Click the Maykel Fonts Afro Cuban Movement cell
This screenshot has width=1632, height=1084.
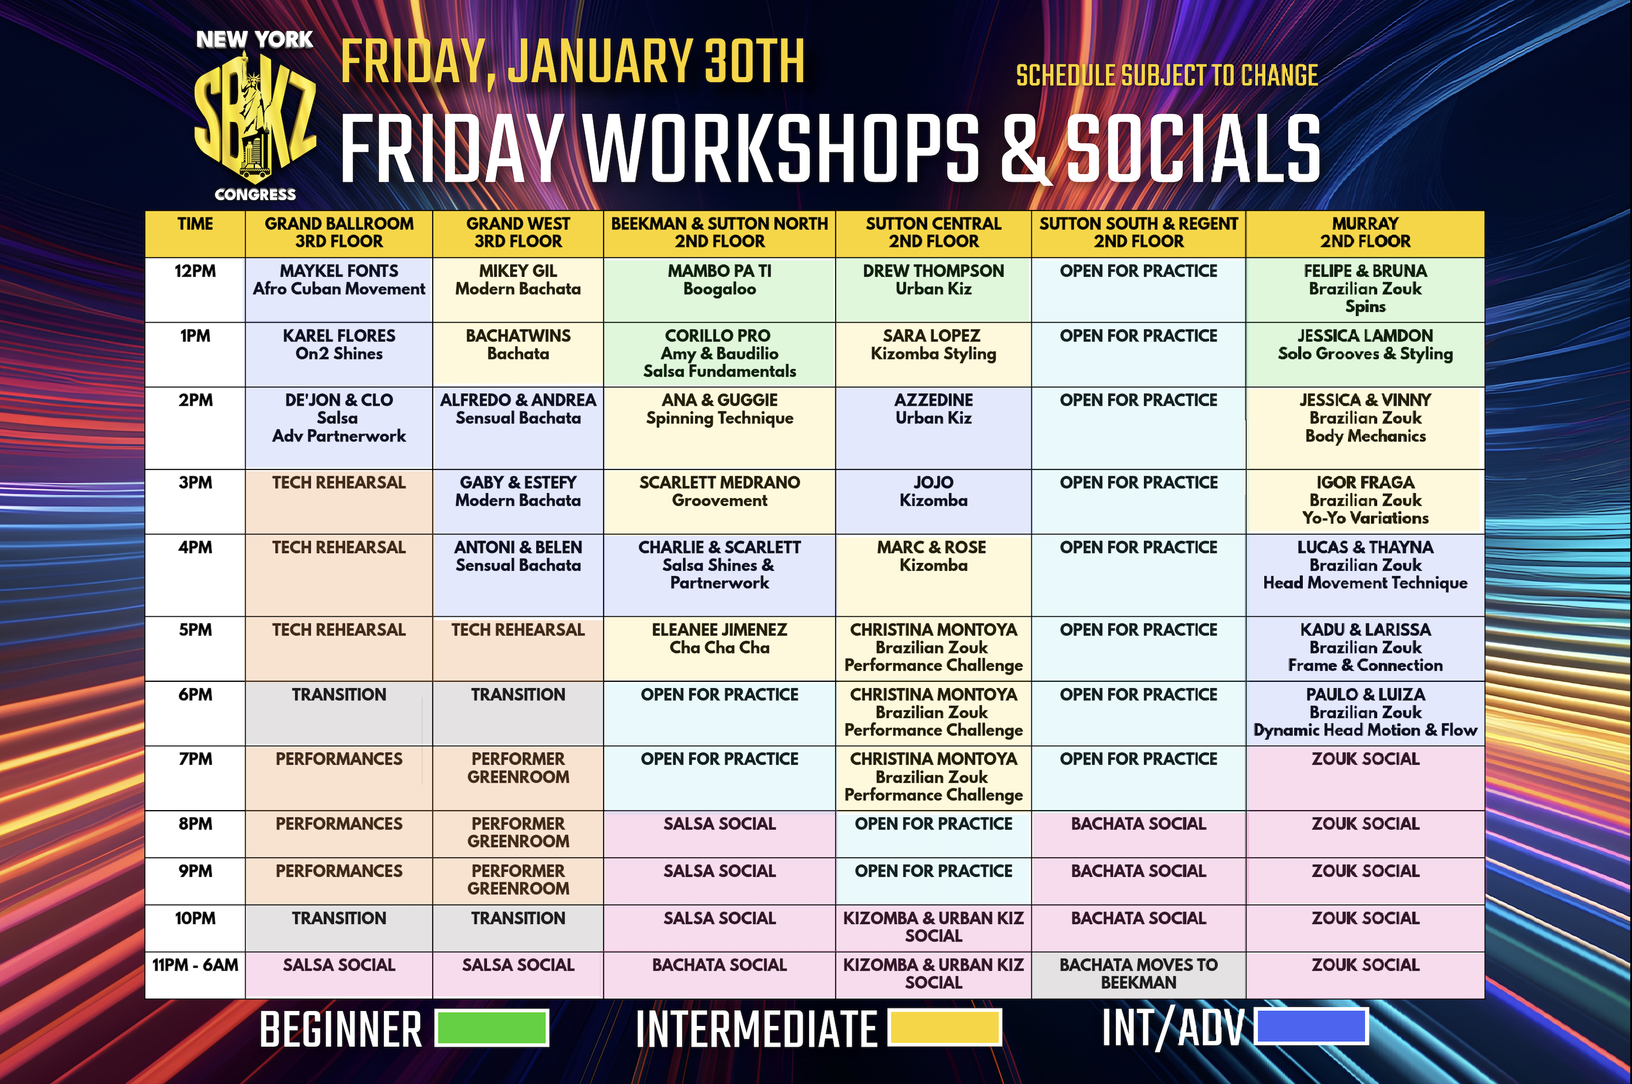point(339,289)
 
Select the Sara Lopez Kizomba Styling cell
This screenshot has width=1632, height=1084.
point(933,354)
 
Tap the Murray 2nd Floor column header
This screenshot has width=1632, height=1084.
point(1364,233)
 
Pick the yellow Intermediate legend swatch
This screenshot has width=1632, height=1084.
point(944,1026)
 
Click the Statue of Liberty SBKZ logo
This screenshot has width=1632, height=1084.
point(255,116)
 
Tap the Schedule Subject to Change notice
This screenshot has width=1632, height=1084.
point(1167,75)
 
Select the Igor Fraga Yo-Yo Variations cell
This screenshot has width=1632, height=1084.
point(1364,501)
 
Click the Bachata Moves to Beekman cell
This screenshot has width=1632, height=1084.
point(1138,975)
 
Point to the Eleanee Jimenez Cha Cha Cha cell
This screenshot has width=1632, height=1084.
point(719,648)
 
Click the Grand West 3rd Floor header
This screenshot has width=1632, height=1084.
point(518,233)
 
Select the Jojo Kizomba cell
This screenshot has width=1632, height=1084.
point(933,501)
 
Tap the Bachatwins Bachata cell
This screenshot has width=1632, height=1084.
point(518,354)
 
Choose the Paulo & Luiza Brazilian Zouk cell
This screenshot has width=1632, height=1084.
point(1364,713)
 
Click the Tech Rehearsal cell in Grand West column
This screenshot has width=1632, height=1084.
point(518,648)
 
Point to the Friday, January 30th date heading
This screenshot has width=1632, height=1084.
point(573,62)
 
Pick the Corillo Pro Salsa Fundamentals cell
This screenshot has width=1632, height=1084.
point(719,354)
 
